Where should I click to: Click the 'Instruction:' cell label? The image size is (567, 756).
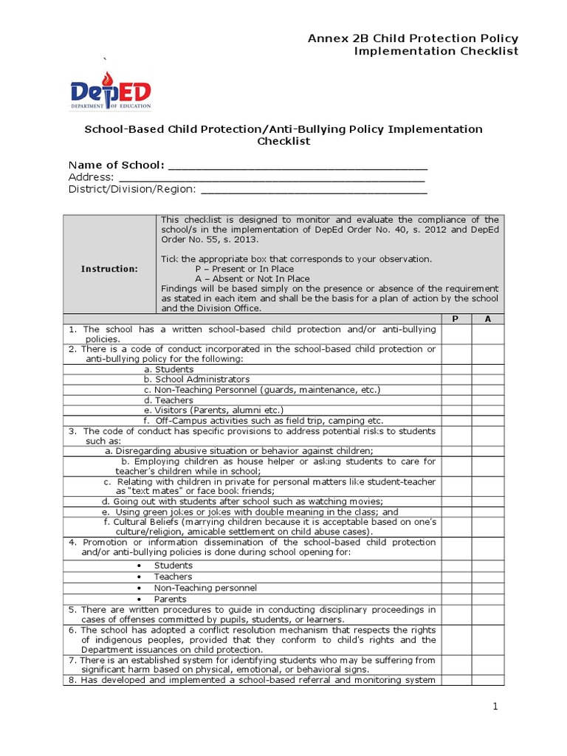pyautogui.click(x=109, y=269)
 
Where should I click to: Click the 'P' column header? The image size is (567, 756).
pyautogui.click(x=456, y=318)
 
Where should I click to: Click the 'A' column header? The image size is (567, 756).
pyautogui.click(x=487, y=318)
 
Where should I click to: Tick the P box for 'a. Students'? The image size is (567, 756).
pyautogui.click(x=456, y=369)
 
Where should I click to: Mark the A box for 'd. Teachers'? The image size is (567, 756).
pyautogui.click(x=487, y=400)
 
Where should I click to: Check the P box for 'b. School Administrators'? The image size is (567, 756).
pyautogui.click(x=456, y=379)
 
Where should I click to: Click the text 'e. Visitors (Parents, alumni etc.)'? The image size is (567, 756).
pyautogui.click(x=214, y=410)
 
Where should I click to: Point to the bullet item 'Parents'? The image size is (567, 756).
pyautogui.click(x=170, y=599)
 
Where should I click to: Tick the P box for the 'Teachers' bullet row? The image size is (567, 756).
pyautogui.click(x=456, y=577)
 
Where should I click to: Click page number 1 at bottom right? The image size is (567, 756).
pyautogui.click(x=496, y=707)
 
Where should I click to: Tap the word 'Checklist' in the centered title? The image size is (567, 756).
pyautogui.click(x=283, y=142)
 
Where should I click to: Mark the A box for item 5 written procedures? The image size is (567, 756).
pyautogui.click(x=487, y=614)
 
